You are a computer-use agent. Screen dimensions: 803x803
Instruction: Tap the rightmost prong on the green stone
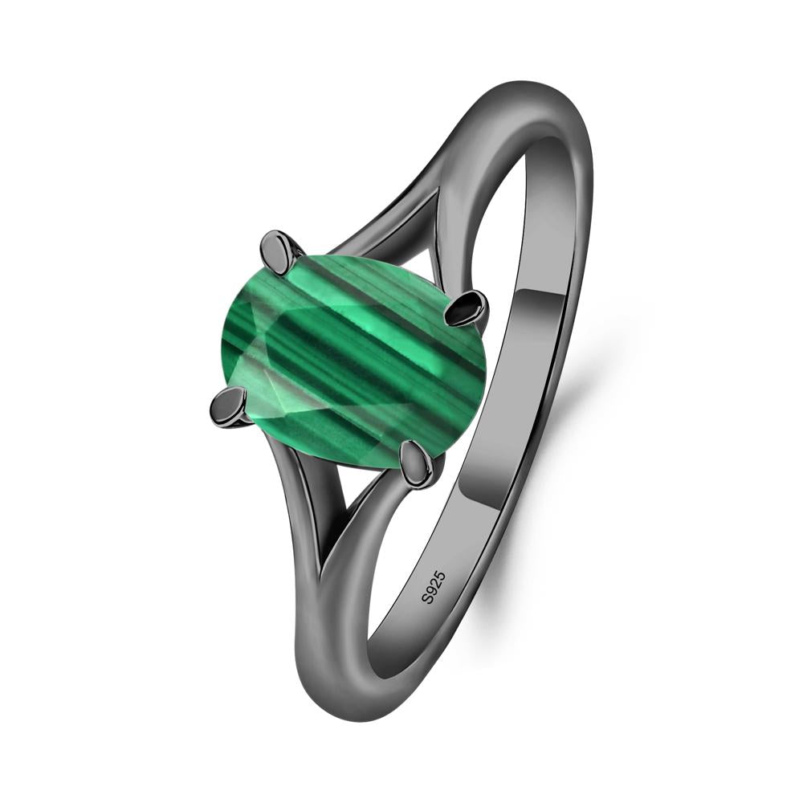(467, 308)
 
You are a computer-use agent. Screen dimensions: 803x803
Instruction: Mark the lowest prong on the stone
(417, 464)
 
